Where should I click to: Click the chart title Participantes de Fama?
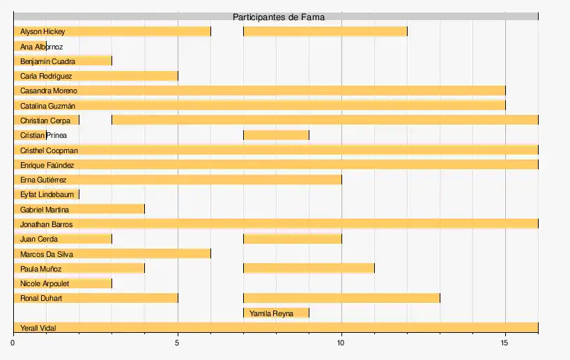click(278, 17)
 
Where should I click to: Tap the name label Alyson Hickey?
click(43, 31)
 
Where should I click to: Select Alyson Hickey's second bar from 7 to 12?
click(325, 31)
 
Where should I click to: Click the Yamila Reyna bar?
click(276, 313)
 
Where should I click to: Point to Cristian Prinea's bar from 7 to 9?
click(276, 135)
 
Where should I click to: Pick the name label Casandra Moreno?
click(49, 91)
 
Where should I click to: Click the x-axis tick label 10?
click(341, 342)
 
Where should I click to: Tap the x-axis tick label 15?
click(505, 342)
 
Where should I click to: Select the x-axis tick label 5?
click(178, 342)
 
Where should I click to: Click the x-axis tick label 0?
click(13, 342)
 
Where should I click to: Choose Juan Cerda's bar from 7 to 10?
click(292, 240)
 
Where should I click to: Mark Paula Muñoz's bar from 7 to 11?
click(309, 269)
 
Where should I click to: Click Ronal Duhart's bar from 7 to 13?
click(341, 299)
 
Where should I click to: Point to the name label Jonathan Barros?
click(47, 224)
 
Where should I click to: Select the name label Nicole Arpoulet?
click(45, 283)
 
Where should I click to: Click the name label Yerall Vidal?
click(38, 328)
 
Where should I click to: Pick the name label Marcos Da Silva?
click(47, 254)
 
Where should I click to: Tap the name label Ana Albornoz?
click(42, 47)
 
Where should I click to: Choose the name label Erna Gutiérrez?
click(43, 180)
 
